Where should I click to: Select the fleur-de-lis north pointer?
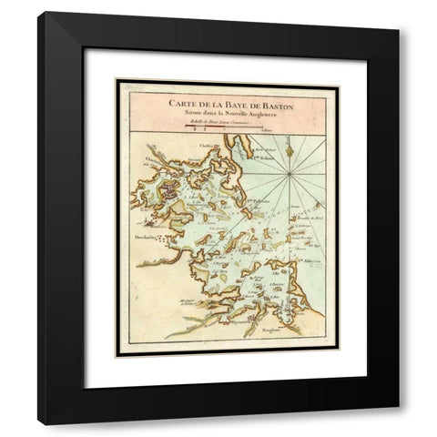pyautogui.click(x=289, y=142)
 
